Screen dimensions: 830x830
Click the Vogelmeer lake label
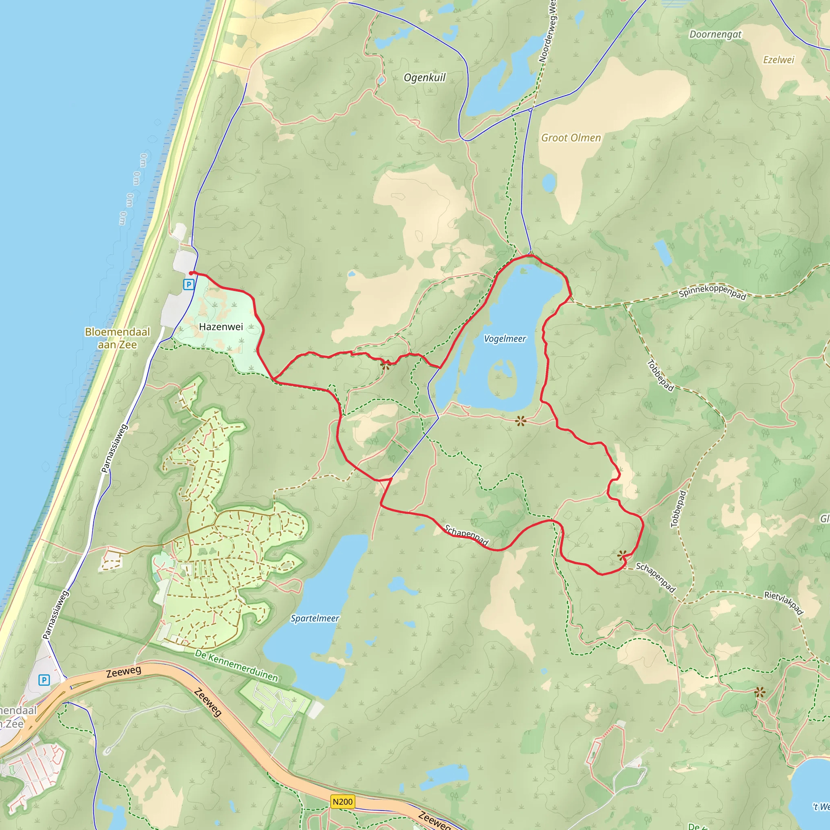(x=505, y=339)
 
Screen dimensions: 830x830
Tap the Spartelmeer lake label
(x=315, y=618)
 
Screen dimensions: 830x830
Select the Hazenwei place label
(x=221, y=327)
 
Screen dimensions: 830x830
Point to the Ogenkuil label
(x=424, y=78)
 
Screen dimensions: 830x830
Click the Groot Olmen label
(x=571, y=138)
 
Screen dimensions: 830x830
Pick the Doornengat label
(x=715, y=34)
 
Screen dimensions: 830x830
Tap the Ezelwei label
(x=779, y=60)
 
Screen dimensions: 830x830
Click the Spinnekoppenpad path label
(x=712, y=292)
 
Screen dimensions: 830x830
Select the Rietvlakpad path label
(x=784, y=602)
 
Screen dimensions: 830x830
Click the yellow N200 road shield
(x=342, y=802)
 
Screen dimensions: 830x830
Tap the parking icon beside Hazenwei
(x=188, y=285)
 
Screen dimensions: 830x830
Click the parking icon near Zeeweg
(x=44, y=680)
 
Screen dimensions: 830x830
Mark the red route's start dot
(x=191, y=273)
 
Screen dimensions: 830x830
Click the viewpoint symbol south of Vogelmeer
(x=521, y=421)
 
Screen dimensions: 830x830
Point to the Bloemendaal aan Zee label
(x=117, y=338)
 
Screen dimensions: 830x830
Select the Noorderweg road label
(x=549, y=32)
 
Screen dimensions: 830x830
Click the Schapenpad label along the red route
(x=466, y=535)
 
